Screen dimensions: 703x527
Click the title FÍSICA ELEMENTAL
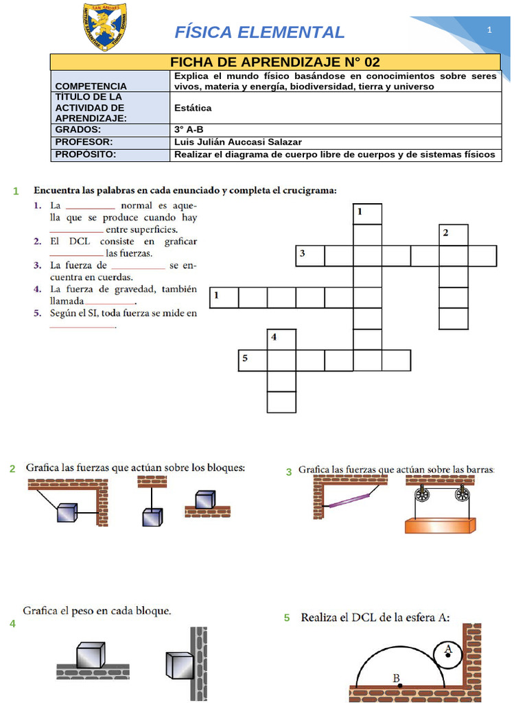259,32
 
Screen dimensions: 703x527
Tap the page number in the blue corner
489,30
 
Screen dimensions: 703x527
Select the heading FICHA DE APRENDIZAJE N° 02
274,62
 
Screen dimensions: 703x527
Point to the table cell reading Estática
193,108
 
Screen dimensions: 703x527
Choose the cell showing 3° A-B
191,129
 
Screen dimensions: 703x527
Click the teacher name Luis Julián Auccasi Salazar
238,142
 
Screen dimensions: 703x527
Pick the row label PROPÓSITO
86,154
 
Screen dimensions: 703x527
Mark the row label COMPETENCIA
91,87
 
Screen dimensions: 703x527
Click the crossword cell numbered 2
453,235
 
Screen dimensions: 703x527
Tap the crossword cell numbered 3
309,256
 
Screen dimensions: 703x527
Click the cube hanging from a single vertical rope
152,517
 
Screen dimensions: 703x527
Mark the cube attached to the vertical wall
180,665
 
